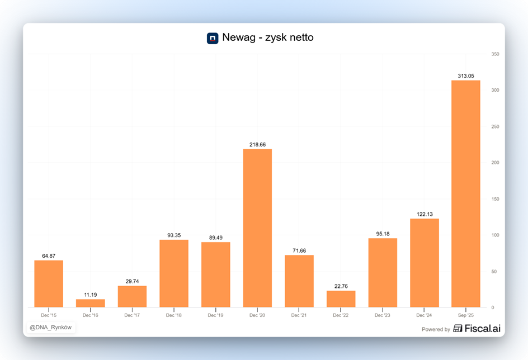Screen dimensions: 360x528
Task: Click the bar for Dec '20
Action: coord(257,228)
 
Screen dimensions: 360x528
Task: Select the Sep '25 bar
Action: coord(466,193)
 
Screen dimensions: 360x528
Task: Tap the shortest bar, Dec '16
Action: coord(91,304)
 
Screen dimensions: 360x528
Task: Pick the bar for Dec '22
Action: coord(341,299)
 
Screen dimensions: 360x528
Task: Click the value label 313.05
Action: coord(466,76)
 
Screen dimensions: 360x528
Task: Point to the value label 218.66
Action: coord(257,145)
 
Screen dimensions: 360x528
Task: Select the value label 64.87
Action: coord(49,256)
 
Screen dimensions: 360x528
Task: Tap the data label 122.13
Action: coord(424,214)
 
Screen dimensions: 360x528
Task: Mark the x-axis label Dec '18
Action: coord(174,315)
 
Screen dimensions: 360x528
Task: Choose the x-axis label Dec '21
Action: coord(299,315)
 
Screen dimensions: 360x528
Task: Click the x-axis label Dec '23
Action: coord(383,315)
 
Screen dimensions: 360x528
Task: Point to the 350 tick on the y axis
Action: coord(495,54)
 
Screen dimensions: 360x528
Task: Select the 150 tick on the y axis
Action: coord(495,199)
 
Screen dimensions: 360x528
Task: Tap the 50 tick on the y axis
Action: coord(494,272)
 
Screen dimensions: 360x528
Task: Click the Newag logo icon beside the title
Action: coord(213,38)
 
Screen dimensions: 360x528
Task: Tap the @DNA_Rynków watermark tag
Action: coord(50,328)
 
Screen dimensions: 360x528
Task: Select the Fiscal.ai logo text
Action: coord(478,329)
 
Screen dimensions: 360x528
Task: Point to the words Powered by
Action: coord(436,329)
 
